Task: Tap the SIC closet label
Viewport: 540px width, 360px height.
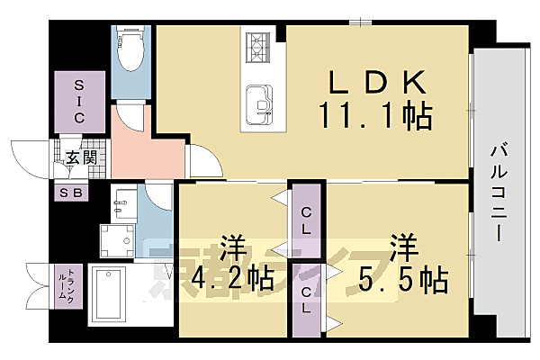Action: click(x=78, y=100)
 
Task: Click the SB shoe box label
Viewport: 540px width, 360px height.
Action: click(x=68, y=193)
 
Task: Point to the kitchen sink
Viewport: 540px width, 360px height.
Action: click(x=261, y=104)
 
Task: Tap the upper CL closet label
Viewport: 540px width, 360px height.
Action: click(x=307, y=220)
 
